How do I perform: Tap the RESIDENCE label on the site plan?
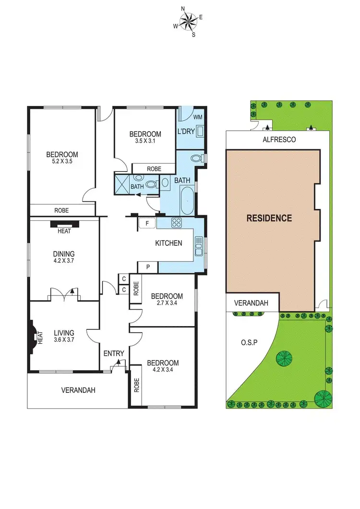point(269,218)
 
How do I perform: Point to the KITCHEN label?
point(168,243)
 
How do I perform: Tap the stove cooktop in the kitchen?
point(176,222)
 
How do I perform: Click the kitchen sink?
point(199,247)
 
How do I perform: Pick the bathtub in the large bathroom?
point(187,201)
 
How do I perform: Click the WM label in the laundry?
point(197,117)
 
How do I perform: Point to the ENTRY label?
point(114,353)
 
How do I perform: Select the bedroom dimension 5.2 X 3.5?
point(62,162)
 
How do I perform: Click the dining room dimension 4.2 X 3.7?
point(64,261)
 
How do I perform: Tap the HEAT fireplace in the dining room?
point(64,224)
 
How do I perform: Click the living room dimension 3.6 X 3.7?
point(64,340)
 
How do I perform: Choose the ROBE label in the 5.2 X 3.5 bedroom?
point(62,210)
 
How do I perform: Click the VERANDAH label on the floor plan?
point(78,390)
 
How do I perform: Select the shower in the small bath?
point(122,183)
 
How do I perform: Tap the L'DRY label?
point(186,131)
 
